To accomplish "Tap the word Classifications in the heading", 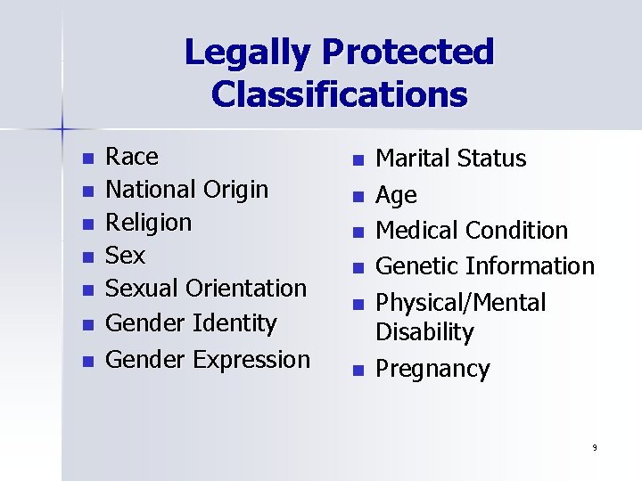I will tap(339, 93).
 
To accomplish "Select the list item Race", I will tap(132, 158).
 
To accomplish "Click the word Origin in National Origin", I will tap(235, 190).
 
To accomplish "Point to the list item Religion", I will tap(148, 223).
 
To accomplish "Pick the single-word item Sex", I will tap(125, 256).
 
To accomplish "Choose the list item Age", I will tap(396, 196).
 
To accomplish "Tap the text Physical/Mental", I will tap(460, 303).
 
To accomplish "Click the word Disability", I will tap(424, 332).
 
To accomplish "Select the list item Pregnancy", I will tap(432, 370).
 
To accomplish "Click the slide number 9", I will tap(594, 447).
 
